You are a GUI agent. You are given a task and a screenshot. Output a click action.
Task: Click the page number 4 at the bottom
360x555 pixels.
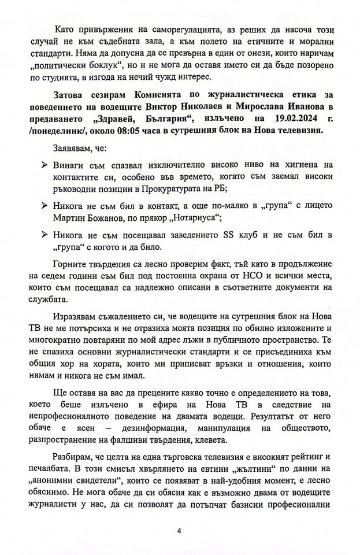click(x=179, y=530)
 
